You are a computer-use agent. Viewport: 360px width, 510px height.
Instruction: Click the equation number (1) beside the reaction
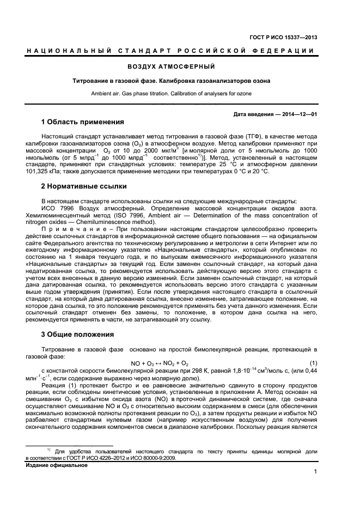[313, 363]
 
